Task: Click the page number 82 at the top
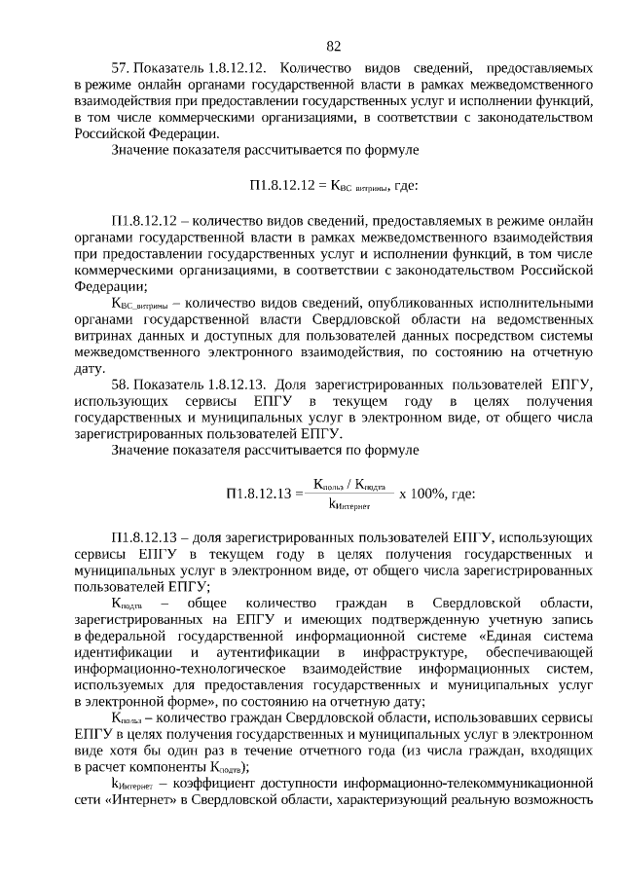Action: click(334, 46)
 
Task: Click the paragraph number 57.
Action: click(122, 68)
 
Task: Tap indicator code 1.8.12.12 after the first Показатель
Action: click(234, 68)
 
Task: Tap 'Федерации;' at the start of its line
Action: click(111, 285)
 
